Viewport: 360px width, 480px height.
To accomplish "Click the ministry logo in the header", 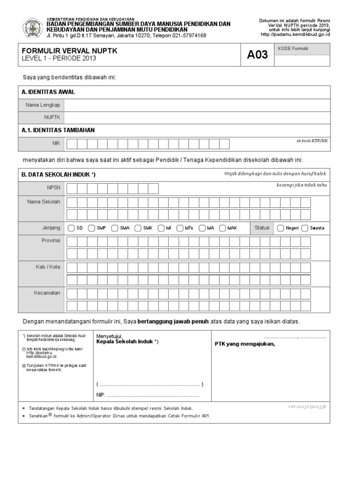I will (x=33, y=28).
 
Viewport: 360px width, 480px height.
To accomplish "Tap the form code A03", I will (x=257, y=55).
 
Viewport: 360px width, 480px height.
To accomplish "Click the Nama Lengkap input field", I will (x=197, y=105).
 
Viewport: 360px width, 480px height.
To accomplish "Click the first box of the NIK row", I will (x=71, y=144).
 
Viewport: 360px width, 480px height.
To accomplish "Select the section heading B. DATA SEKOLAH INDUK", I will (x=59, y=174).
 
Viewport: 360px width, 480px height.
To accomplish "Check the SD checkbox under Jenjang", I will (x=71, y=228).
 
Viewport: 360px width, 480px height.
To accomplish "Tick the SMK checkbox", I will (x=138, y=228).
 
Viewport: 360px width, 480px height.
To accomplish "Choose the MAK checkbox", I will (x=222, y=228).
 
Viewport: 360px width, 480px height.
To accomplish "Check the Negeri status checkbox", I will (x=280, y=228).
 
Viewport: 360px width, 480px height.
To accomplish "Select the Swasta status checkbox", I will (x=305, y=228).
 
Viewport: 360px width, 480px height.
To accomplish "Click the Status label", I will (x=262, y=228).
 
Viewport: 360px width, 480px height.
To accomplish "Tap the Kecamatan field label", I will (x=47, y=293).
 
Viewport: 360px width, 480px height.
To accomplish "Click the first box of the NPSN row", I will (x=71, y=188).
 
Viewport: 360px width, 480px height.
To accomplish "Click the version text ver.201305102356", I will (x=307, y=406).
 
